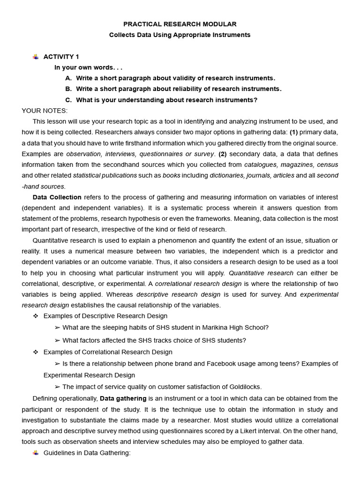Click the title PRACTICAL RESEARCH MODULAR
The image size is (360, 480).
[x=180, y=24]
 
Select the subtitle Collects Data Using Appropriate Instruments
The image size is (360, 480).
[x=180, y=35]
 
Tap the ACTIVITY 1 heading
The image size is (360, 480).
[x=61, y=57]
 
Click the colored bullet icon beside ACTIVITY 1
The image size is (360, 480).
[x=36, y=57]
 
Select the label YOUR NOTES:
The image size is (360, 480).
[x=45, y=111]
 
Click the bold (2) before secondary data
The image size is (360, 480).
[x=222, y=154]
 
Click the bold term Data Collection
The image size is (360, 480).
[x=57, y=197]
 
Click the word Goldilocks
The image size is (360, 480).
[x=244, y=387]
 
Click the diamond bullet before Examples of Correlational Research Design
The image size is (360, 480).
[x=36, y=352]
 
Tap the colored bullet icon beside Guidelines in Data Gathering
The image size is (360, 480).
[x=36, y=453]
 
